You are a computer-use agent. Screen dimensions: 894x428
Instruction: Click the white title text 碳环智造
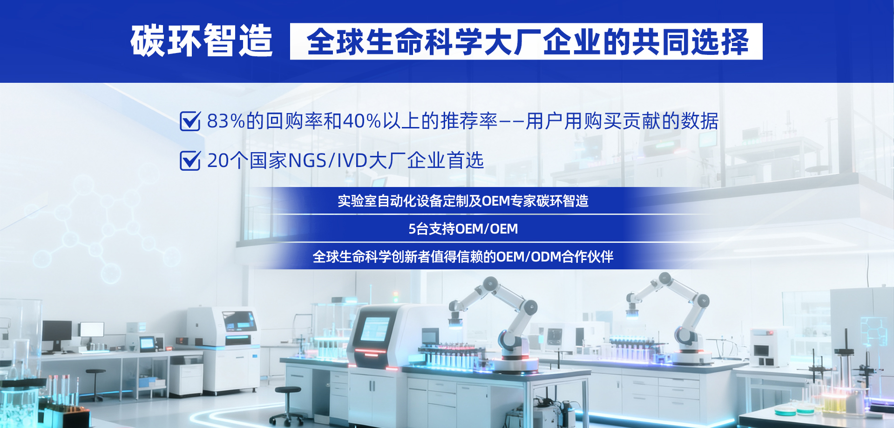201,41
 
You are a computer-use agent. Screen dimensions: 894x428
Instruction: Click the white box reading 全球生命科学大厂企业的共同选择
526,41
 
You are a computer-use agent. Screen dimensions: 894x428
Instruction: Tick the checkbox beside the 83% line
190,121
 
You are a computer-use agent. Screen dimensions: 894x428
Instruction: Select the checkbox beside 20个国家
190,160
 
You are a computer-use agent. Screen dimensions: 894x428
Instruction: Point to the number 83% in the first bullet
226,121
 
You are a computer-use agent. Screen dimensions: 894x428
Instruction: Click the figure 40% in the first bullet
362,121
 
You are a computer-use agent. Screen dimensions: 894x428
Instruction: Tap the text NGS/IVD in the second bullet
328,161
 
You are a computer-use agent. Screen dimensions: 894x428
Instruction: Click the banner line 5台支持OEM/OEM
463,229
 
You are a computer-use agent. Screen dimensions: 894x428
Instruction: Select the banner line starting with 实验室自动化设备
463,201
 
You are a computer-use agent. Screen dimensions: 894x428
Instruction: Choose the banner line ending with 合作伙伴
463,257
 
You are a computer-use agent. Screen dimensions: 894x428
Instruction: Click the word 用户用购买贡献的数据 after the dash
622,121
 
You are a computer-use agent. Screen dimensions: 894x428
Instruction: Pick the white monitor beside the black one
92,330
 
